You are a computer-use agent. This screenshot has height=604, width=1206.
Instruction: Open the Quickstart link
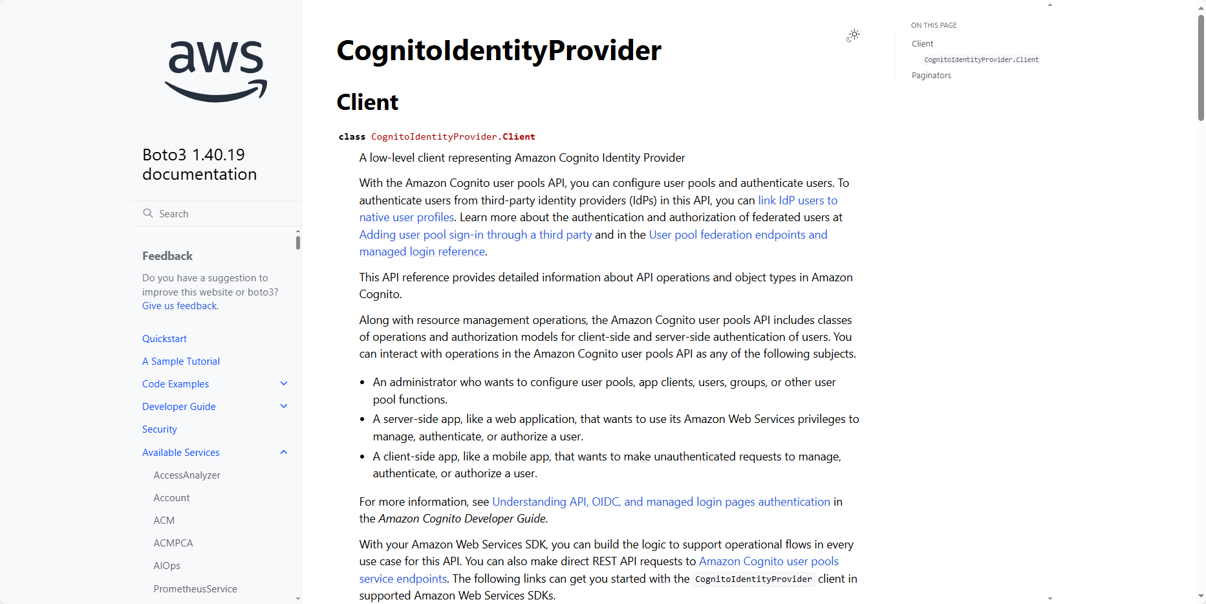coord(164,339)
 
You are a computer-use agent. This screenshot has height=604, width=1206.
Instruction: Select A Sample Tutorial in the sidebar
coord(181,361)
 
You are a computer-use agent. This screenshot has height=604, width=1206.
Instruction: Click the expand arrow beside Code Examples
coord(283,383)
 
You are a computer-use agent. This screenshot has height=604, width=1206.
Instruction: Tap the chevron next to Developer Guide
coord(283,406)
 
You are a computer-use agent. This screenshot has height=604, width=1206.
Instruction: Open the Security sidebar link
coord(160,429)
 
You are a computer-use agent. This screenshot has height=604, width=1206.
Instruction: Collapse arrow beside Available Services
coord(283,452)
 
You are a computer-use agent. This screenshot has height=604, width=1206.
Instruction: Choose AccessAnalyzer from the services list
coord(187,475)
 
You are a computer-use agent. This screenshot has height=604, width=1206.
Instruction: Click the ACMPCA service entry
coord(173,543)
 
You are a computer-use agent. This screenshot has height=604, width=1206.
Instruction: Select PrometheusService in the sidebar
coord(195,589)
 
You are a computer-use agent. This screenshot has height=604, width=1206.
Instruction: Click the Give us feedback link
coord(180,306)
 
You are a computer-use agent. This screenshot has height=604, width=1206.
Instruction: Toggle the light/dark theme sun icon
coord(854,35)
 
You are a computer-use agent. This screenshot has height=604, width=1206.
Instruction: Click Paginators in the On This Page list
coord(931,76)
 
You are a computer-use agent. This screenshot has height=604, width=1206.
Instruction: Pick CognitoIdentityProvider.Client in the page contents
coord(981,59)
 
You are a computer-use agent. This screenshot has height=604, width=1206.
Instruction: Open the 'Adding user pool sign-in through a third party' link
coord(475,235)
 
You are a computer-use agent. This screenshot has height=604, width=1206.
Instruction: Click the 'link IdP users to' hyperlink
coord(797,200)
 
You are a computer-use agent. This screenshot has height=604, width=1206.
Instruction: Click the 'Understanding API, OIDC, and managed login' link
coord(661,502)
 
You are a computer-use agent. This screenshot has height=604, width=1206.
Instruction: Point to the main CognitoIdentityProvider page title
coord(499,50)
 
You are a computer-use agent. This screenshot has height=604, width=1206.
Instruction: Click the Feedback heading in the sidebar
coord(167,256)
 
